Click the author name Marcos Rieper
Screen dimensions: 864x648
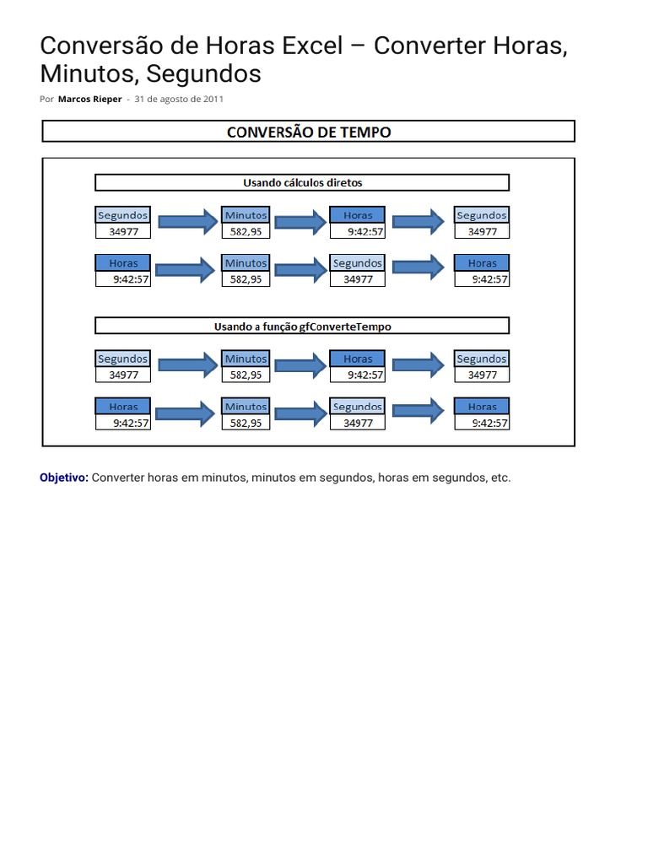(89, 99)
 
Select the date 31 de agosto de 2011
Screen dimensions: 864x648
(179, 99)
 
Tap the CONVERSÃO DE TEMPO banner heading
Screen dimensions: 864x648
(309, 132)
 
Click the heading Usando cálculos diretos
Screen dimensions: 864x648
(302, 182)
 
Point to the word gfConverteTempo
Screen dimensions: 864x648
(346, 326)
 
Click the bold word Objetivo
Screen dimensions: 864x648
(64, 478)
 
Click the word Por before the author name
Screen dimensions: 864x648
(46, 99)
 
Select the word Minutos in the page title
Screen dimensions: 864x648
(89, 74)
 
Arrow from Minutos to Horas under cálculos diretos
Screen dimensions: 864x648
(300, 222)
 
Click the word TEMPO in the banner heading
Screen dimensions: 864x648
(362, 132)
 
